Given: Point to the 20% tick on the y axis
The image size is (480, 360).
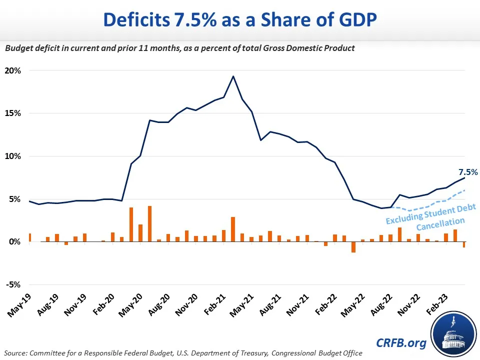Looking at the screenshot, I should pyautogui.click(x=13, y=70).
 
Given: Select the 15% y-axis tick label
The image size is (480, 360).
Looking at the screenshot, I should pyautogui.click(x=13, y=113).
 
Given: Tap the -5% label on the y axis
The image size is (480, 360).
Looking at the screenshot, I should pyautogui.click(x=14, y=285).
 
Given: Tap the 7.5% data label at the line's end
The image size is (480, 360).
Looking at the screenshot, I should pyautogui.click(x=468, y=172).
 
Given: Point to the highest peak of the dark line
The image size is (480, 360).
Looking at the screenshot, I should pyautogui.click(x=233, y=76).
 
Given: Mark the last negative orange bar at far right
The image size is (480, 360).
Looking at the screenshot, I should pyautogui.click(x=464, y=244).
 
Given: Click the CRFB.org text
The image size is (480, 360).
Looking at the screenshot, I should pyautogui.click(x=401, y=343).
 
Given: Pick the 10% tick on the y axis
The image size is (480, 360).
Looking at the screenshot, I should pyautogui.click(x=13, y=156).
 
